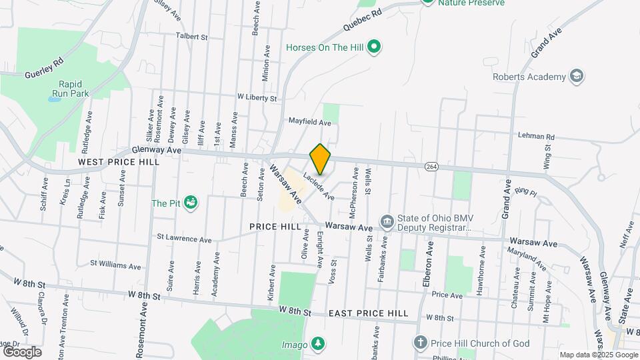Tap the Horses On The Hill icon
pyautogui.click(x=375, y=47)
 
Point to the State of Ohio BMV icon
pyautogui.click(x=387, y=221)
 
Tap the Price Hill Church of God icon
pyautogui.click(x=420, y=343)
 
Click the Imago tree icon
pyautogui.click(x=319, y=344)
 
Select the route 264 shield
pyautogui.click(x=430, y=166)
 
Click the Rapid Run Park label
pyautogui.click(x=74, y=89)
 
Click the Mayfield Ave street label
pyautogui.click(x=309, y=123)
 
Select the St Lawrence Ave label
pyautogui.click(x=184, y=238)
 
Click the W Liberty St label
pyautogui.click(x=257, y=98)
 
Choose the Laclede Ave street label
pyautogui.click(x=318, y=186)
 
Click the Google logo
pyautogui.click(x=22, y=352)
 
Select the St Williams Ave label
pyautogui.click(x=116, y=265)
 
